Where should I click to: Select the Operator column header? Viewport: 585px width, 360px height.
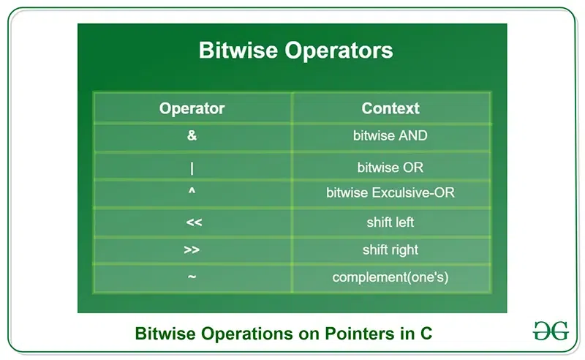pos(192,108)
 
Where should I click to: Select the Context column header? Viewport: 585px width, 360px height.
pos(390,108)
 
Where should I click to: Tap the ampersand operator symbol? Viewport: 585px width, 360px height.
pos(192,136)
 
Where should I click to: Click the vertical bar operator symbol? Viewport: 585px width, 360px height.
pos(192,168)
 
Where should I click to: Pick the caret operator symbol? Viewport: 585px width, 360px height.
pos(192,193)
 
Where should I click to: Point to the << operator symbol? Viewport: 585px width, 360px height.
pos(192,222)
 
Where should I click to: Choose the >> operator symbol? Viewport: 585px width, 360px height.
pos(192,250)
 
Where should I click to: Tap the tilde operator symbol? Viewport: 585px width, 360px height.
pos(192,277)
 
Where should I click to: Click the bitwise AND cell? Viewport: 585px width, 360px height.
pos(390,136)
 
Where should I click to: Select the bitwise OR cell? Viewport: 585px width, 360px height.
pos(390,168)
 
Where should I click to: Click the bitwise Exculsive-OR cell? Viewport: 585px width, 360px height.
pos(390,194)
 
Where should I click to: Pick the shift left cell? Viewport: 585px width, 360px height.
pos(390,222)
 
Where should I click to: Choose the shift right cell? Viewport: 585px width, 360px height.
pos(390,250)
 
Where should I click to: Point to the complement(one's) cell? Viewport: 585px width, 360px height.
pos(390,278)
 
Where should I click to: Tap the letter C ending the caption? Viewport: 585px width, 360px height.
pos(426,334)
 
